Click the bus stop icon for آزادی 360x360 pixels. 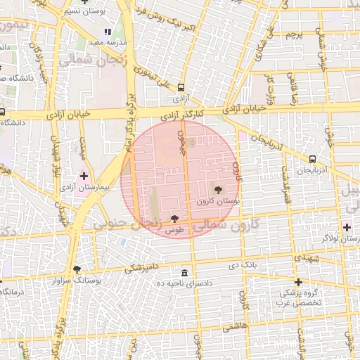[x=182, y=88]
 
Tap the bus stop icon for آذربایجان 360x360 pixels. [x=312, y=159]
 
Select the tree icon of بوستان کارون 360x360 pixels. [x=218, y=189]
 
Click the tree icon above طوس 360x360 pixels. [x=174, y=219]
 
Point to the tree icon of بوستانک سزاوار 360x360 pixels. [x=77, y=269]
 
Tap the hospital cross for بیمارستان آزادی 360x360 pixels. [x=84, y=175]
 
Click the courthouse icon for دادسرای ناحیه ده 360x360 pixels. [x=184, y=273]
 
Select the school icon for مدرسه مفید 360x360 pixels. [x=108, y=32]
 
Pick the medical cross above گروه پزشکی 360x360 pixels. [x=298, y=282]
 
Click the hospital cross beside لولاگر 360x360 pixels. [x=346, y=226]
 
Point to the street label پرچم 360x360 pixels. [x=295, y=34]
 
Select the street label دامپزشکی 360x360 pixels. [x=143, y=268]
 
